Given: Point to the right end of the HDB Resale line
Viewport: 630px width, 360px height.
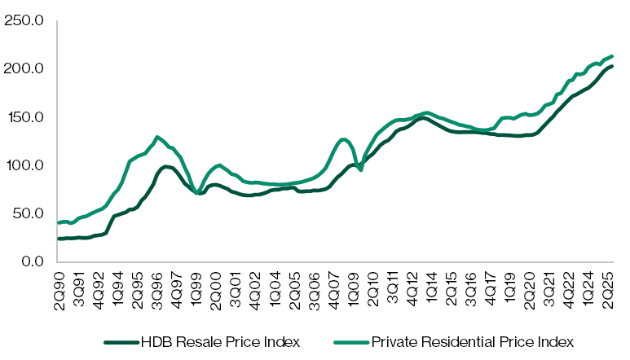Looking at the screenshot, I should [x=611, y=66].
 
